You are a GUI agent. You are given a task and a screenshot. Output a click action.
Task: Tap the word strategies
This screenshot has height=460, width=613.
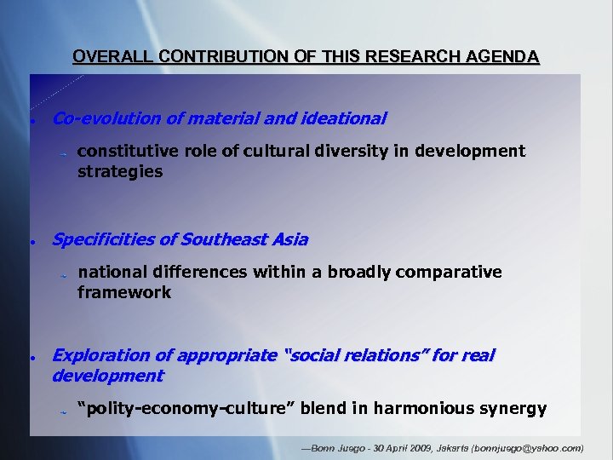120,171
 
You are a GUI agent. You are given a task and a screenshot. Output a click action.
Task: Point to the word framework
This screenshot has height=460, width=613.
124,292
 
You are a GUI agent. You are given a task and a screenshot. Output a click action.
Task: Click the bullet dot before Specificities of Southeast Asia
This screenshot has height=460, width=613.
31,242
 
